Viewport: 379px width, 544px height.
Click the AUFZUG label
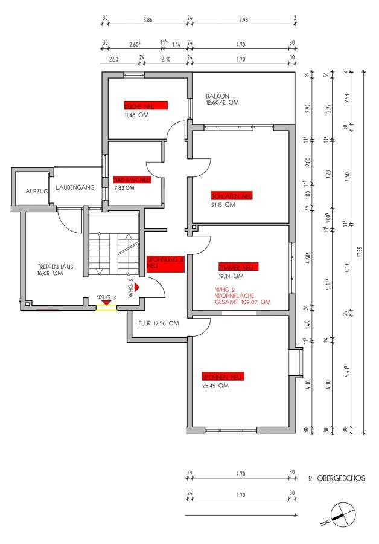point(36,192)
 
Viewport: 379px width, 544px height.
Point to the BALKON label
point(217,96)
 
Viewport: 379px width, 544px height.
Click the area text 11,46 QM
point(136,114)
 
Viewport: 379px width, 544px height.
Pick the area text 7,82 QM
point(124,188)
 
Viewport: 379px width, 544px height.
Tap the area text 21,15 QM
point(223,204)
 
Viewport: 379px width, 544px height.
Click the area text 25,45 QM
point(215,385)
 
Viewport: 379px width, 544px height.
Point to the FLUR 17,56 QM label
point(159,323)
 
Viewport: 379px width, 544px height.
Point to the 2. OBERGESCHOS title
point(336,478)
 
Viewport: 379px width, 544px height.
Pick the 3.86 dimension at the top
point(147,20)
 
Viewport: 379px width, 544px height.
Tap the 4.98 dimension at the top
point(244,20)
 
